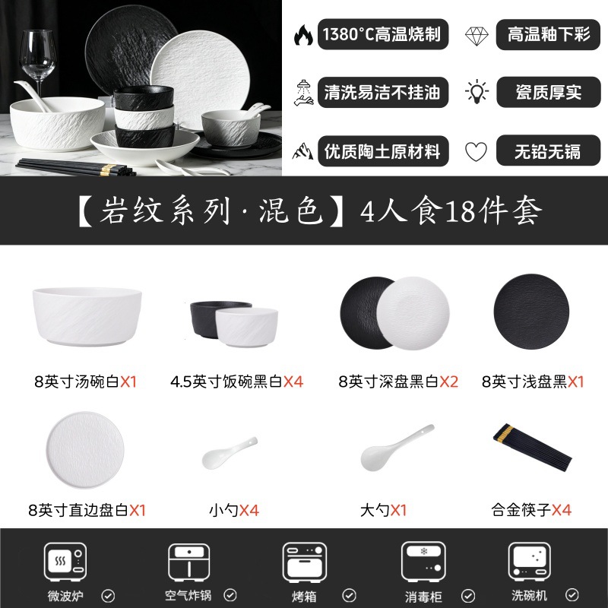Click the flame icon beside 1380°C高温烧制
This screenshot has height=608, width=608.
(x=303, y=35)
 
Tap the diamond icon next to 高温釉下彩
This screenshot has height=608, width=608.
(x=477, y=36)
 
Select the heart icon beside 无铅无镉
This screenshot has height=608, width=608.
(x=476, y=151)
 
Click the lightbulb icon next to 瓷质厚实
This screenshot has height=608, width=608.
(x=477, y=92)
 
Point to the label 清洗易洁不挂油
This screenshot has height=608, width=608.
(x=382, y=92)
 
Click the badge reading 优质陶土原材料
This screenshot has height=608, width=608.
(x=383, y=150)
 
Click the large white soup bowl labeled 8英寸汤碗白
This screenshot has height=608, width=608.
(x=87, y=316)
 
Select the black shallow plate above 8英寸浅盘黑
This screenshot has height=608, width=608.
(x=531, y=312)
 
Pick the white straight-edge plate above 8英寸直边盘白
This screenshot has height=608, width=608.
(x=85, y=450)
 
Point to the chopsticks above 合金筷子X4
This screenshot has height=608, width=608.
(x=532, y=448)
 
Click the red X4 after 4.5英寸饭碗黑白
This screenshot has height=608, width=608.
(x=293, y=382)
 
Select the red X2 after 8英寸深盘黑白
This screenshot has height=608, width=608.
(x=448, y=382)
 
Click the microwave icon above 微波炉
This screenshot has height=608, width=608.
(x=65, y=562)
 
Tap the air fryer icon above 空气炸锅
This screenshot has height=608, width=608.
(x=188, y=562)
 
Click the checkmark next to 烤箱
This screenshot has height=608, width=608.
(x=349, y=595)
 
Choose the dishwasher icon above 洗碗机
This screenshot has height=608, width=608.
(x=529, y=562)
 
